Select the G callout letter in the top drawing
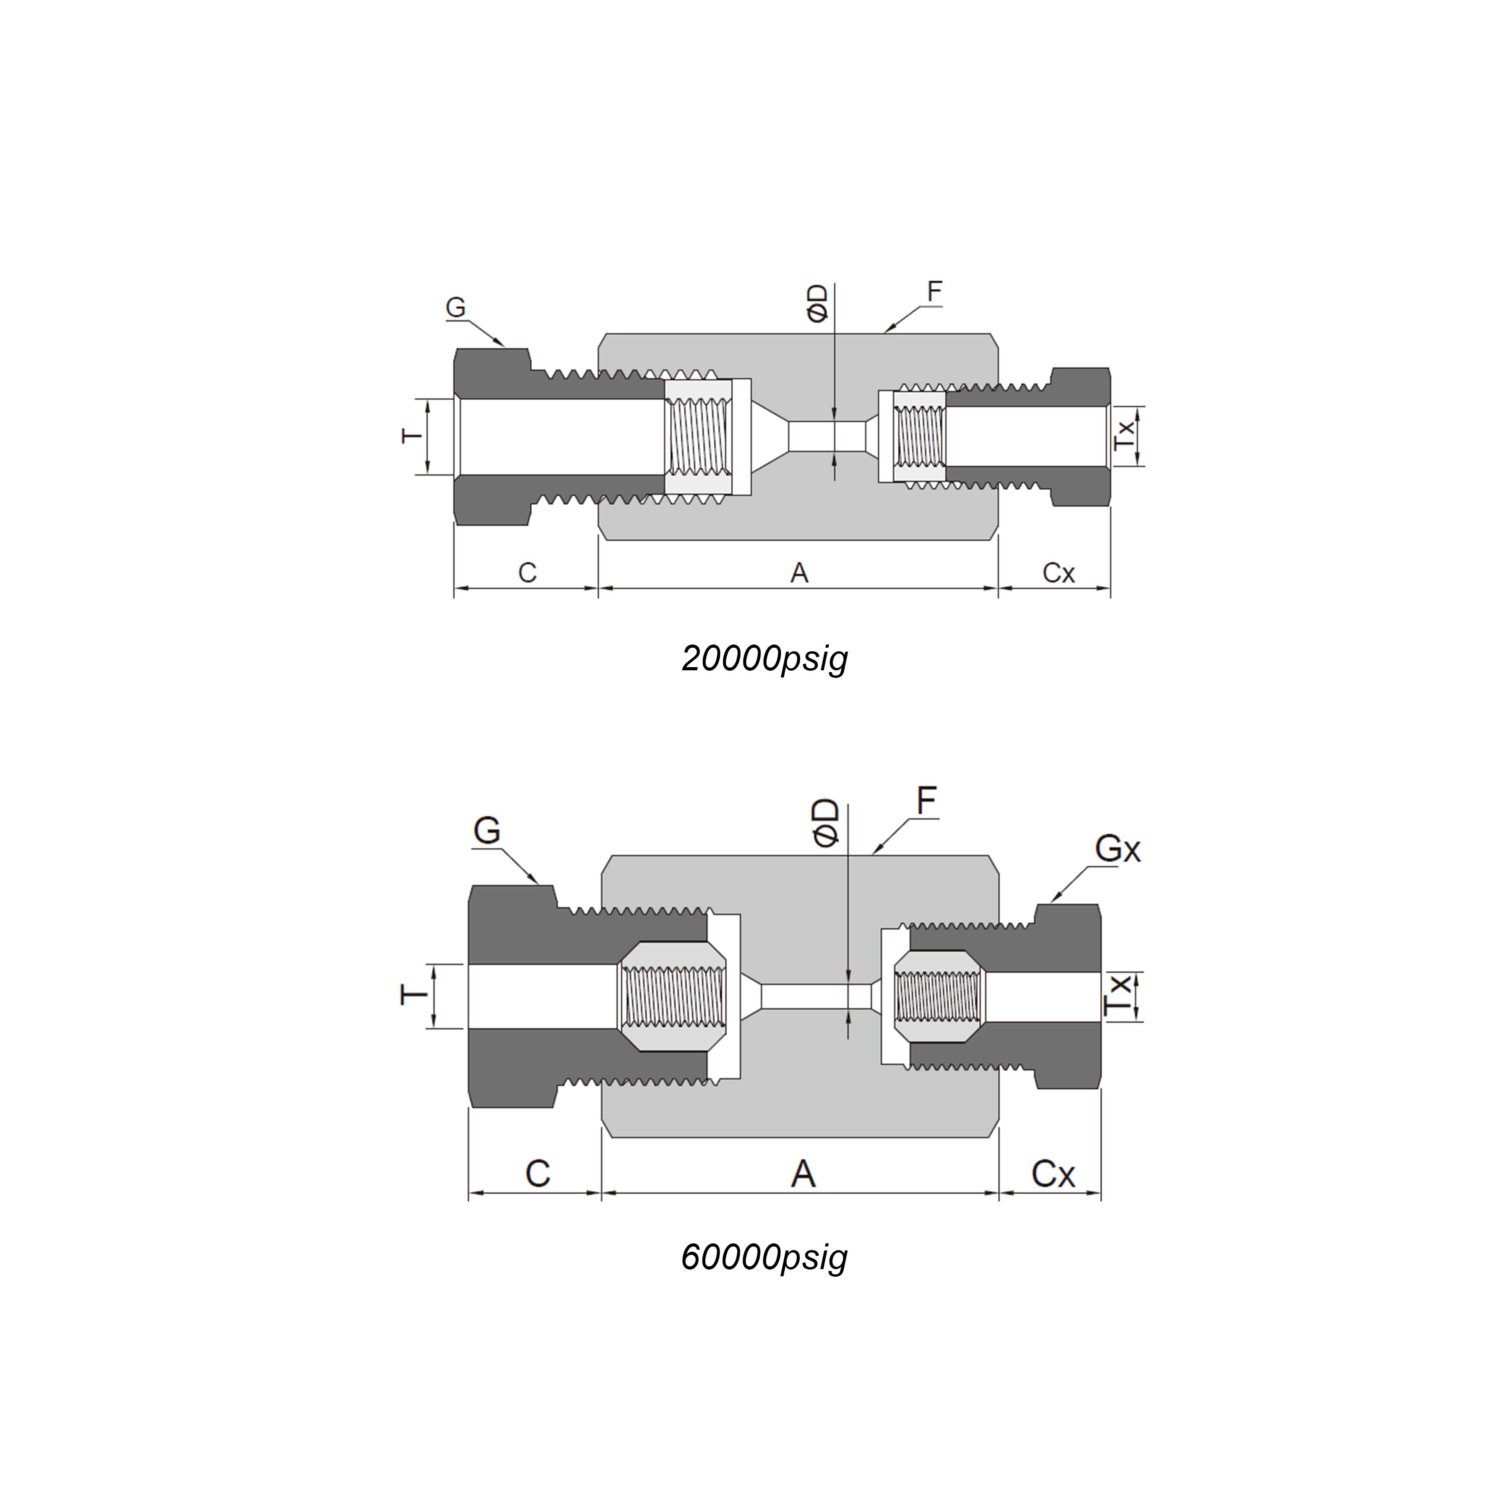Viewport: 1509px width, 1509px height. (455, 308)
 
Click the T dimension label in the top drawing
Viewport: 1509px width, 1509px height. (412, 436)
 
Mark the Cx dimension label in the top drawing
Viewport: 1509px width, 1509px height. (1058, 573)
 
